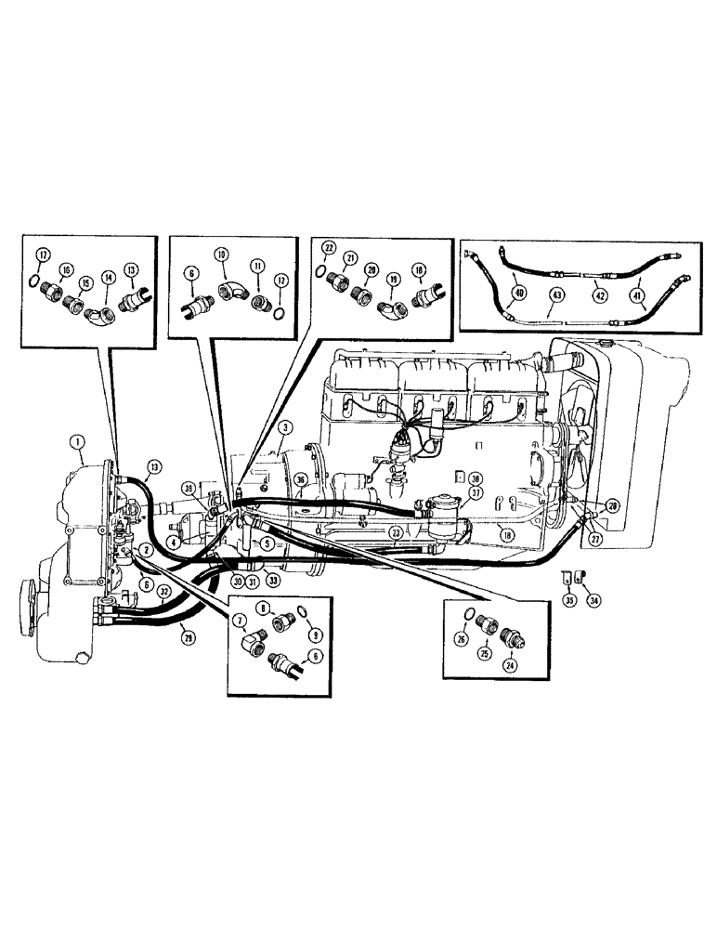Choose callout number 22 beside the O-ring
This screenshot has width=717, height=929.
pos(328,246)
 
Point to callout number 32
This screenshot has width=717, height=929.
pos(164,590)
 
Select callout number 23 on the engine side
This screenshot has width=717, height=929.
pos(395,533)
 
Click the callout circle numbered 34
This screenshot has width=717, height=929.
pos(594,601)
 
